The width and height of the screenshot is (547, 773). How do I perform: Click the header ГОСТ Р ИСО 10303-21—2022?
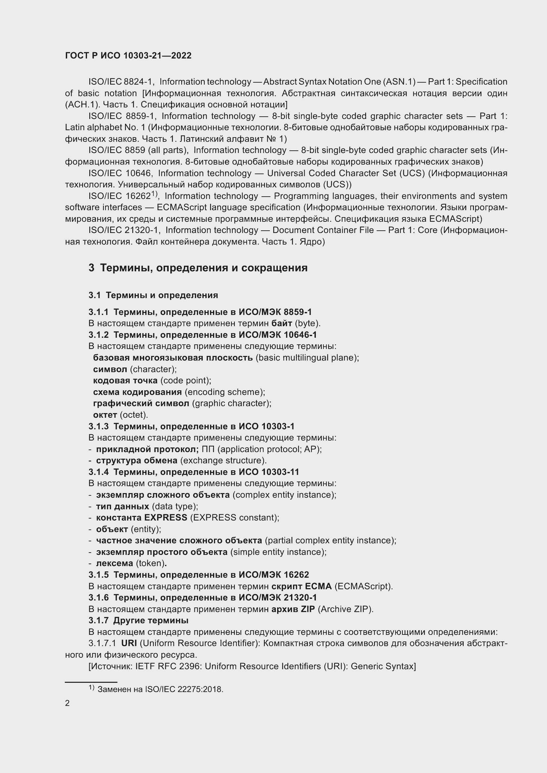click(128, 56)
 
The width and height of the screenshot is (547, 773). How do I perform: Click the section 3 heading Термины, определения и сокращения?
click(198, 268)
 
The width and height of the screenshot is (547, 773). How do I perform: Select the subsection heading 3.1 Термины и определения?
click(153, 295)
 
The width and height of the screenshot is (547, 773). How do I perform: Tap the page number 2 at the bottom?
click(67, 703)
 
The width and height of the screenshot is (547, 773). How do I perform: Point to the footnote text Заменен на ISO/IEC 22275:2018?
click(160, 689)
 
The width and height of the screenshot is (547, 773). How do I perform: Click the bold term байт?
click(281, 323)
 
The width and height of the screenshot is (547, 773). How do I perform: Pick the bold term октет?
click(105, 414)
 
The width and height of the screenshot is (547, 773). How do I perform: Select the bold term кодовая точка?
click(125, 380)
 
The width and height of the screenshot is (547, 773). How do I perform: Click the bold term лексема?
click(114, 563)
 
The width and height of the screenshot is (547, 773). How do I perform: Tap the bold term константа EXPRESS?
click(142, 518)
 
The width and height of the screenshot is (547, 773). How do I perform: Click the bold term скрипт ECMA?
click(302, 586)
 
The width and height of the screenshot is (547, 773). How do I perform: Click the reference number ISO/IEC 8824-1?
click(121, 82)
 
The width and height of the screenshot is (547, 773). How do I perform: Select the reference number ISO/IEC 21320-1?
click(124, 230)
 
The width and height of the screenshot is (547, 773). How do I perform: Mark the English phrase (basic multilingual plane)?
click(307, 358)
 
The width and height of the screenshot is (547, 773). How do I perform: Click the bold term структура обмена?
click(137, 460)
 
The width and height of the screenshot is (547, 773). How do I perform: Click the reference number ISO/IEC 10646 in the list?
click(121, 174)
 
